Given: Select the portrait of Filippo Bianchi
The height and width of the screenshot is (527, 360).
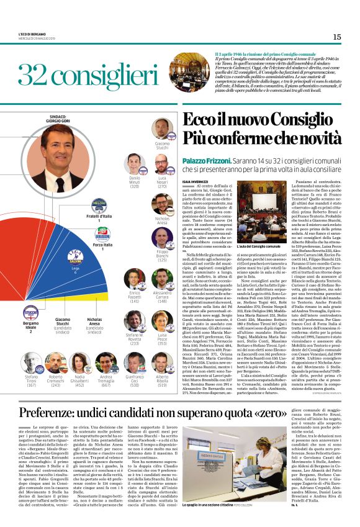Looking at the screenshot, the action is (x=162, y=236).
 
